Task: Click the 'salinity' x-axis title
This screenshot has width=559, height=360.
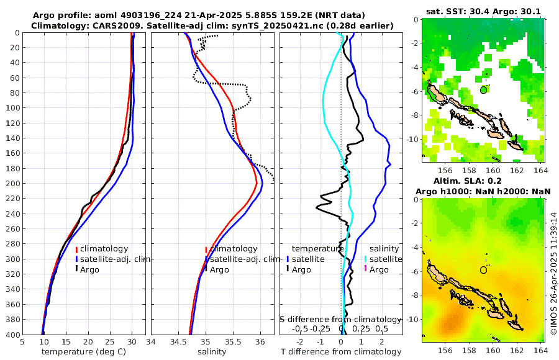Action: [211, 352]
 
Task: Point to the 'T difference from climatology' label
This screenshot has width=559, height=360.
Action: [342, 352]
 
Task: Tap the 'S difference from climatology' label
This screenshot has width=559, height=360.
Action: [340, 319]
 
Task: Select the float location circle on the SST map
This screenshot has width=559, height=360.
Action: [484, 90]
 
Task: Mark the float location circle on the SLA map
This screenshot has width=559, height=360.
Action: [484, 270]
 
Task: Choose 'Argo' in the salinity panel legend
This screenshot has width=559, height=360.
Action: [219, 269]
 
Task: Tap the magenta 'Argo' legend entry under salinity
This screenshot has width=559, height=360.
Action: [379, 269]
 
